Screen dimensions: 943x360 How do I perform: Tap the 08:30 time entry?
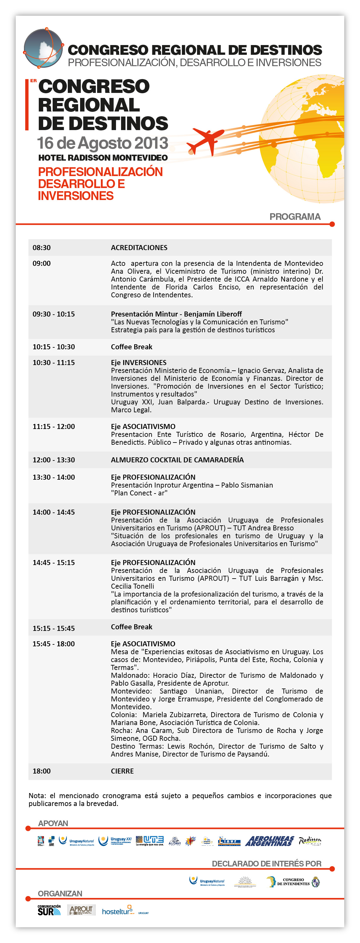[42, 248]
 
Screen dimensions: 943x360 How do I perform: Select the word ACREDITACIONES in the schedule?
[139, 248]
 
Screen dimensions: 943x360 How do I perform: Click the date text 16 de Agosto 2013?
[102, 143]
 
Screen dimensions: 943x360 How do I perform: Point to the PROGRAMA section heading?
[295, 217]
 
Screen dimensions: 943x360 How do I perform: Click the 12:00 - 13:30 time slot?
[54, 460]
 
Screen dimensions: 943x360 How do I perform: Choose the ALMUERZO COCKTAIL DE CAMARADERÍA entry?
[177, 460]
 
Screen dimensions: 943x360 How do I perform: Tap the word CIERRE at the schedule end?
[122, 771]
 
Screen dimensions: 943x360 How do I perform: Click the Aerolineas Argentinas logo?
[270, 841]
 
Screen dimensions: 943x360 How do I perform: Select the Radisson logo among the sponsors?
[310, 841]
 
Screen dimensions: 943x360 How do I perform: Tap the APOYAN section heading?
[53, 823]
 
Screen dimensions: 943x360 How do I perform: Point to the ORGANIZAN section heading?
[60, 894]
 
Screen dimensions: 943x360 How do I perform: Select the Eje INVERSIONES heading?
[139, 363]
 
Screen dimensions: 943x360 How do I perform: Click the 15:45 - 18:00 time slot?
[54, 644]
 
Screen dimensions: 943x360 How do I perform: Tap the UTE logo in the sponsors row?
[150, 841]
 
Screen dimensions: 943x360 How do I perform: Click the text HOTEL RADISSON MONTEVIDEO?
[103, 158]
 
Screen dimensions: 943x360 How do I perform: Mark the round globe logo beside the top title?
[43, 48]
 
